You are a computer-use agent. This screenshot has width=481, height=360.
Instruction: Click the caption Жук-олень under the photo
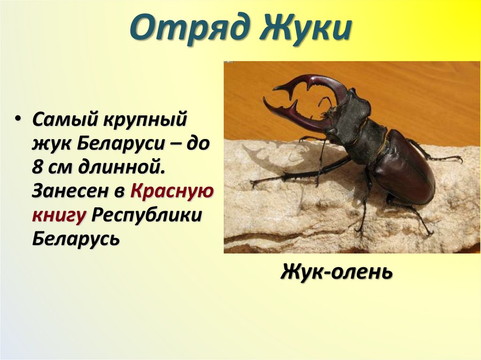[x=337, y=272]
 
